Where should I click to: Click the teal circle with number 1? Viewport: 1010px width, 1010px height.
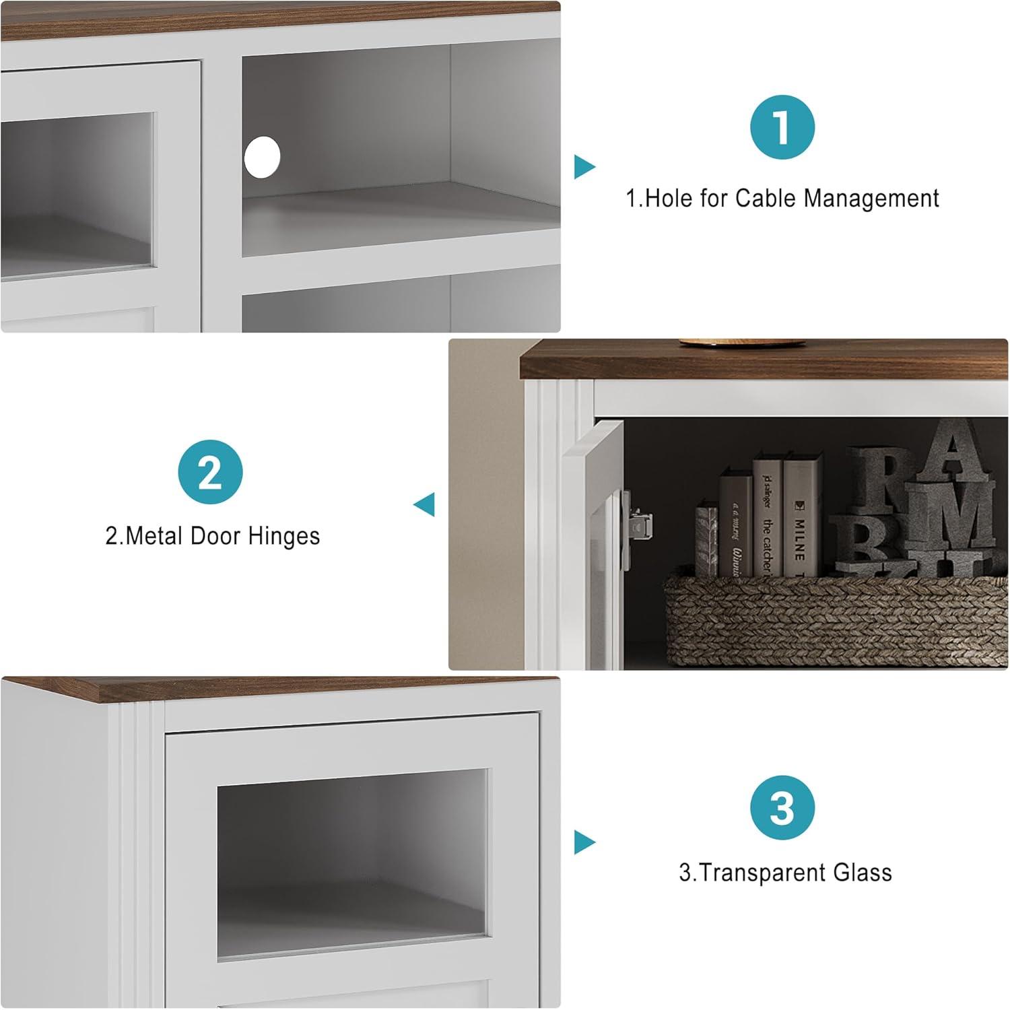[782, 127]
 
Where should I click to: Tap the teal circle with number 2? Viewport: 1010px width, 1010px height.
[210, 472]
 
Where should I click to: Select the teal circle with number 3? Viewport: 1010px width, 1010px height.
[782, 807]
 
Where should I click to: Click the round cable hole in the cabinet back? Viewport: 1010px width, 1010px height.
[262, 157]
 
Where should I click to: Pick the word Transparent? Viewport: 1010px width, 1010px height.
[761, 873]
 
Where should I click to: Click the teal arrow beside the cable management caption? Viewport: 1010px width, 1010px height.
[584, 167]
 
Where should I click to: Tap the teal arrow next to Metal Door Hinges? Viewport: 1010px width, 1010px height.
[424, 504]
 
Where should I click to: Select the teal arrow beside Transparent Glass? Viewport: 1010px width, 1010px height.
[584, 842]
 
